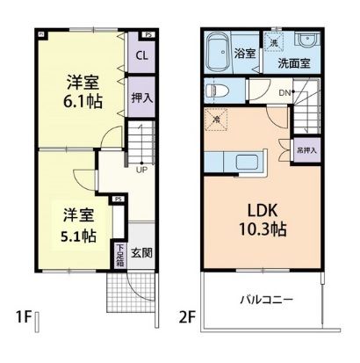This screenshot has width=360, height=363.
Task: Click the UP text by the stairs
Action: [140, 171]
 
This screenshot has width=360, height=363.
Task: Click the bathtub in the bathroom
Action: [216, 54]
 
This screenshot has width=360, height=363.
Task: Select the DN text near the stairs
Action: [284, 93]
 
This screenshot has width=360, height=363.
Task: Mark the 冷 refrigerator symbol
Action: [216, 120]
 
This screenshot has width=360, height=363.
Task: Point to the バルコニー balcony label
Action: [267, 301]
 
